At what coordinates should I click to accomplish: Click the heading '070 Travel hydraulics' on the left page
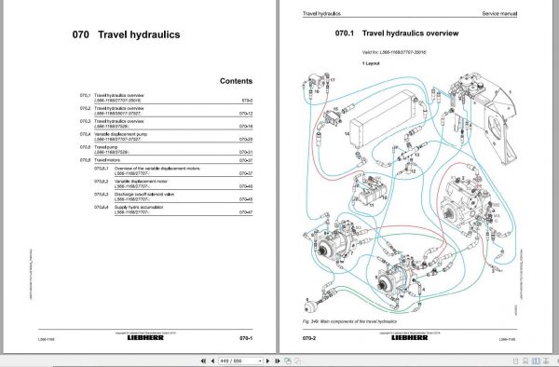point(126,36)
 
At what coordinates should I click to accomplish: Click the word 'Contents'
point(236,81)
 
